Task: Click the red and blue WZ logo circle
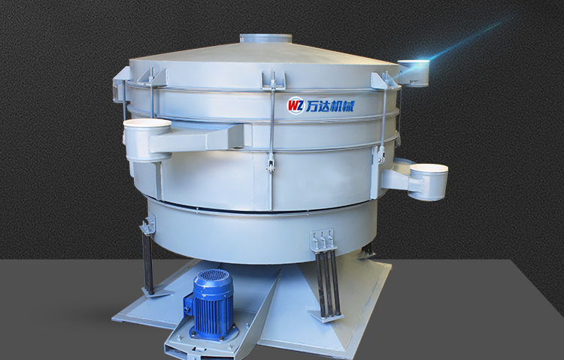click(x=296, y=106)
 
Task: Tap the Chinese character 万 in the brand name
click(x=311, y=106)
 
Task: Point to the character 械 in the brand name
click(x=348, y=106)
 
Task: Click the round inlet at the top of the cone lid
click(x=265, y=38)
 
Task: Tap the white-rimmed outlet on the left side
click(x=147, y=140)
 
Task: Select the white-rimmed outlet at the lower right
click(x=428, y=182)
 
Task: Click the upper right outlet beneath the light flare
click(x=414, y=73)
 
